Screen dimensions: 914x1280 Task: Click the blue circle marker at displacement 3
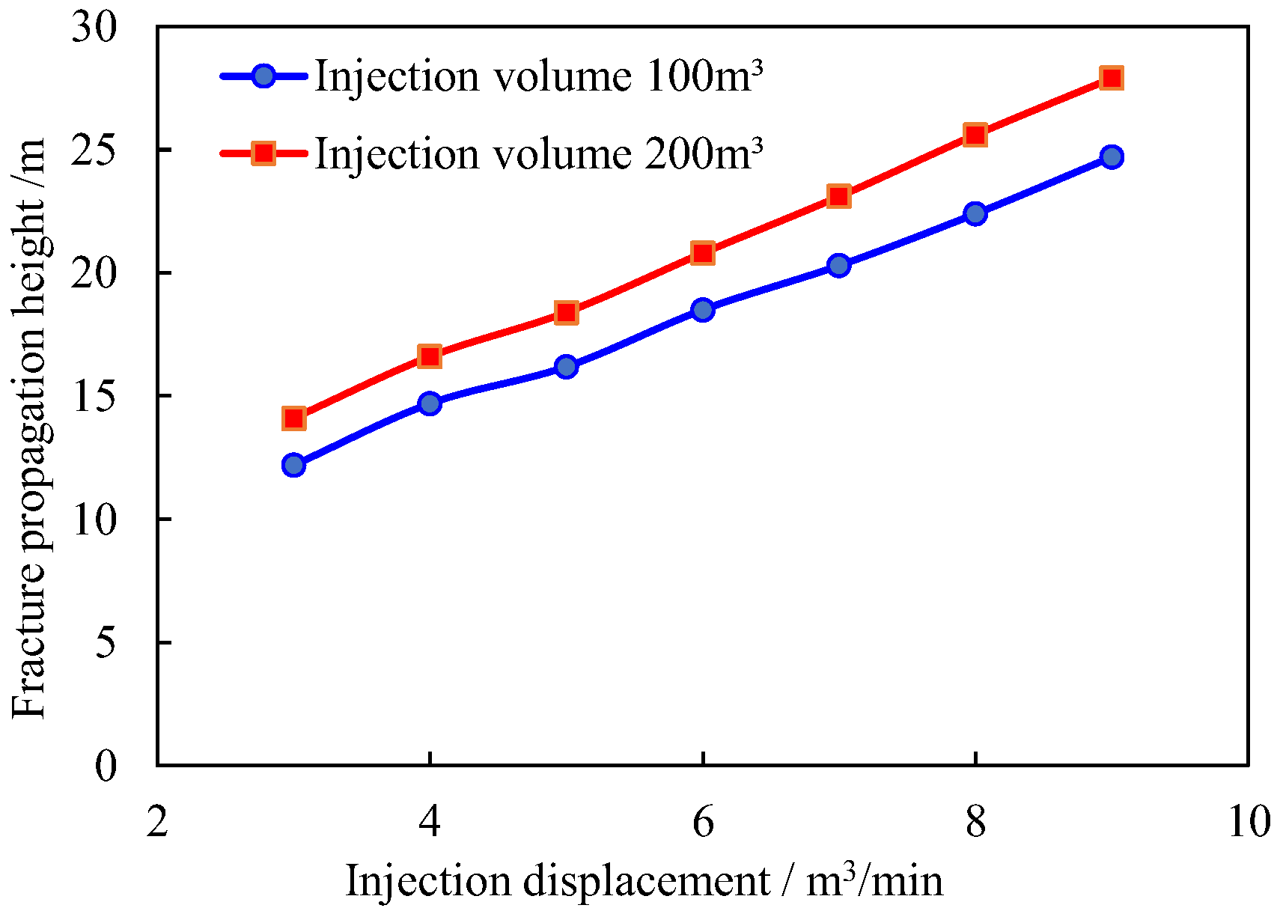tap(293, 465)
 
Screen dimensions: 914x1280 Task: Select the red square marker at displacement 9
tap(1112, 78)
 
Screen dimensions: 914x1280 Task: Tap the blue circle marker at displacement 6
tap(702, 309)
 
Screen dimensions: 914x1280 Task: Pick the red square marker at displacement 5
tap(566, 312)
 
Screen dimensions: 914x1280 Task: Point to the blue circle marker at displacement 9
tap(1112, 156)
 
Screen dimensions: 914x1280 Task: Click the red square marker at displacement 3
tap(293, 418)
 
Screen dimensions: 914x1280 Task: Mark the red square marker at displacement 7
tap(838, 197)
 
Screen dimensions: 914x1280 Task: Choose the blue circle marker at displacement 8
tap(975, 213)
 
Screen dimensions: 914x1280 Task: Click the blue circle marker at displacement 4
tap(430, 403)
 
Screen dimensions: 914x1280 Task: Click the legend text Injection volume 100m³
tap(538, 76)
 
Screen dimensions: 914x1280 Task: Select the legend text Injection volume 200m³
tap(538, 154)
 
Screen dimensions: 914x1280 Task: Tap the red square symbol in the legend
tap(263, 153)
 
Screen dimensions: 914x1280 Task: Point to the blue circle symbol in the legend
tap(263, 76)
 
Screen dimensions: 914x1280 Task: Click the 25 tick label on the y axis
tap(94, 150)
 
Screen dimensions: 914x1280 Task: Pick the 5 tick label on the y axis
tap(106, 643)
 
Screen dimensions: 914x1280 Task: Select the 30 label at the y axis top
tap(94, 28)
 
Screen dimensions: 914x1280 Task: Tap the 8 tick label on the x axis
tap(975, 822)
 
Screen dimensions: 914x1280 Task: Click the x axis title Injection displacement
tap(644, 880)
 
